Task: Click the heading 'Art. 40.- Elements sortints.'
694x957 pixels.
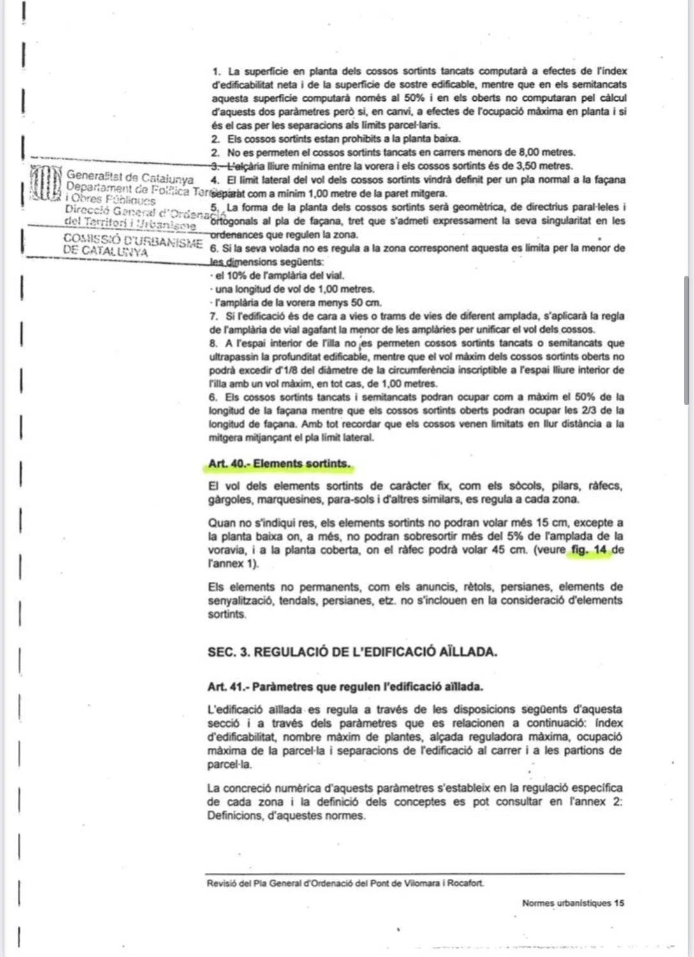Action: click(x=279, y=464)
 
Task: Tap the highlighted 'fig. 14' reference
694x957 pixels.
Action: click(x=588, y=550)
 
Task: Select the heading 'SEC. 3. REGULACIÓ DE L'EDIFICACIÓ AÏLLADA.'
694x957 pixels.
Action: click(x=352, y=651)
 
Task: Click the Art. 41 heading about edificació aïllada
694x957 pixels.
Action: click(x=345, y=686)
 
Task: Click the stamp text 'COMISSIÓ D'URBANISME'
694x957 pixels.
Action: click(x=133, y=241)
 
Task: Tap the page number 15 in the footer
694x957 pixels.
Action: click(x=619, y=903)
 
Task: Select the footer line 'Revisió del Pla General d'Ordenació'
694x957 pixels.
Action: click(x=345, y=883)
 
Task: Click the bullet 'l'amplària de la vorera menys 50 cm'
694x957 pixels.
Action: click(x=297, y=302)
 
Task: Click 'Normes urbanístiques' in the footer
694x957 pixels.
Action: click(x=566, y=903)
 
